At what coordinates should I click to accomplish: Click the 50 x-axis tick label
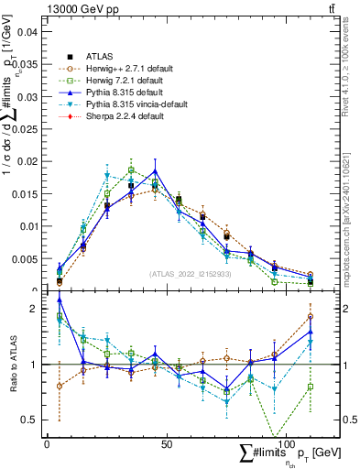coord(166,443)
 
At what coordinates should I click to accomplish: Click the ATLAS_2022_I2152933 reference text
coord(190,274)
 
